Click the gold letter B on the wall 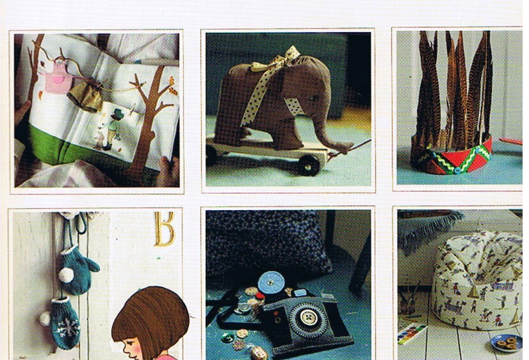[x=165, y=229]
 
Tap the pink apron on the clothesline [x=58, y=78]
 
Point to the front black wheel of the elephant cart [x=309, y=165]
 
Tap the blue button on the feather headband [x=457, y=170]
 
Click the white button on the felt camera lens [x=307, y=317]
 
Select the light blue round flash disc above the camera [x=271, y=282]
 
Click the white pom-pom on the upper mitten [x=66, y=275]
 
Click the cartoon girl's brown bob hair [x=151, y=317]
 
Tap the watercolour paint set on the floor [x=411, y=332]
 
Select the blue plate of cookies [x=507, y=343]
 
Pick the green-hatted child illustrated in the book [x=114, y=126]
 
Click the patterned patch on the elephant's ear [x=295, y=106]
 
